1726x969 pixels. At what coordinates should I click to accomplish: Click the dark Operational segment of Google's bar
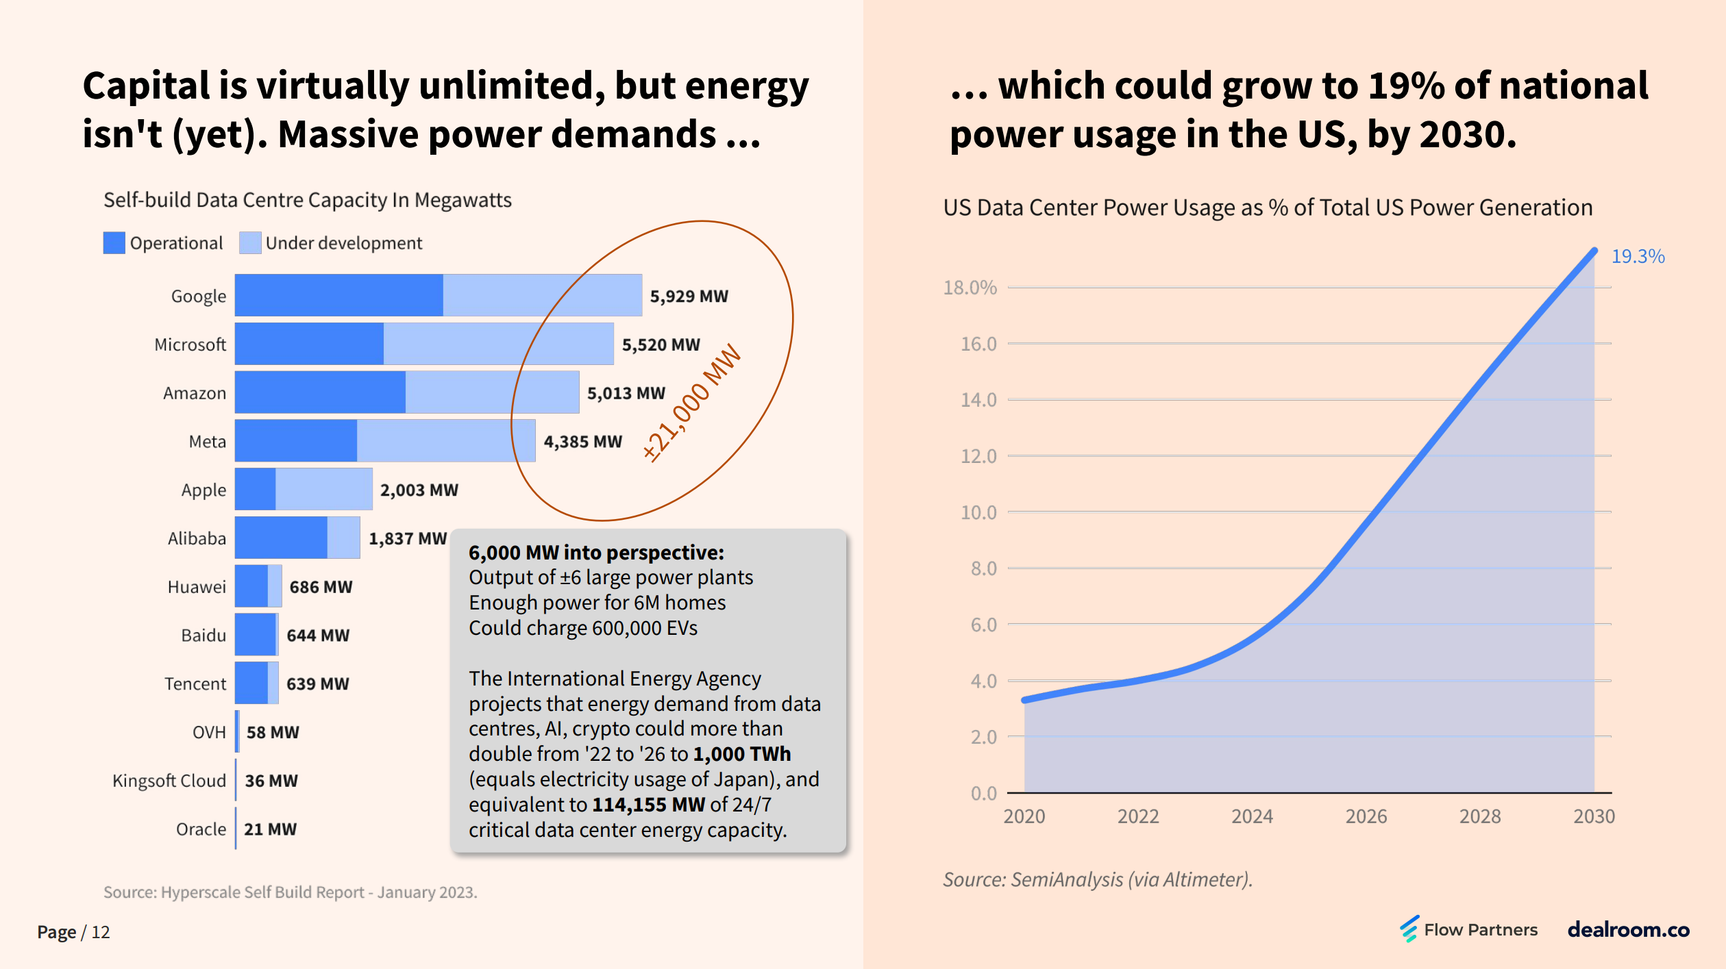(338, 295)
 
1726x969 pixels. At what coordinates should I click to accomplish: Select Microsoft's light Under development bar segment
(498, 344)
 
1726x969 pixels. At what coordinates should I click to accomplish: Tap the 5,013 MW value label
(626, 393)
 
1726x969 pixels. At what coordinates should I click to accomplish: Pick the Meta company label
(207, 442)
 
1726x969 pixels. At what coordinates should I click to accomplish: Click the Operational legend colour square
(114, 243)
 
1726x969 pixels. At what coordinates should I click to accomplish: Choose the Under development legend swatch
(250, 243)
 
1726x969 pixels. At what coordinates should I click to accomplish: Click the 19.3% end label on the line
(1637, 256)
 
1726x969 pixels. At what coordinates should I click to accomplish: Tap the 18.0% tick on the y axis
(970, 288)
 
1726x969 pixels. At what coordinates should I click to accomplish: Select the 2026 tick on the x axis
(1366, 816)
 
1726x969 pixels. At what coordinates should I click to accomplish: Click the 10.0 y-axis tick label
(978, 512)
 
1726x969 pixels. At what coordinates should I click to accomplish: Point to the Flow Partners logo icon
(1409, 929)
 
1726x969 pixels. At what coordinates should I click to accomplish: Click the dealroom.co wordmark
(1628, 929)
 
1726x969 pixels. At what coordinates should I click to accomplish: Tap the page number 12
(101, 932)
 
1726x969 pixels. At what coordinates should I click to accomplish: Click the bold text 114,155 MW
(648, 805)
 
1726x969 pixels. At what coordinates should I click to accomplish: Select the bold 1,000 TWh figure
(741, 754)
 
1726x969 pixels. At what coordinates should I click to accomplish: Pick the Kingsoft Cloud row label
(169, 781)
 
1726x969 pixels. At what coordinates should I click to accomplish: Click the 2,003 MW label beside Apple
(419, 490)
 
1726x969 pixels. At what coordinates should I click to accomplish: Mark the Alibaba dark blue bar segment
(281, 538)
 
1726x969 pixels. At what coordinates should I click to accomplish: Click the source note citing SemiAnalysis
(1097, 879)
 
